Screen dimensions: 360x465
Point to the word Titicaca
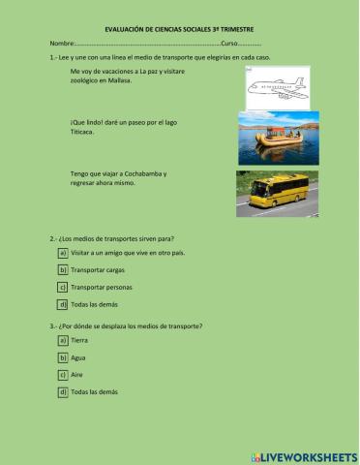tap(84, 132)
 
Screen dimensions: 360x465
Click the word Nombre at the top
tap(62, 45)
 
